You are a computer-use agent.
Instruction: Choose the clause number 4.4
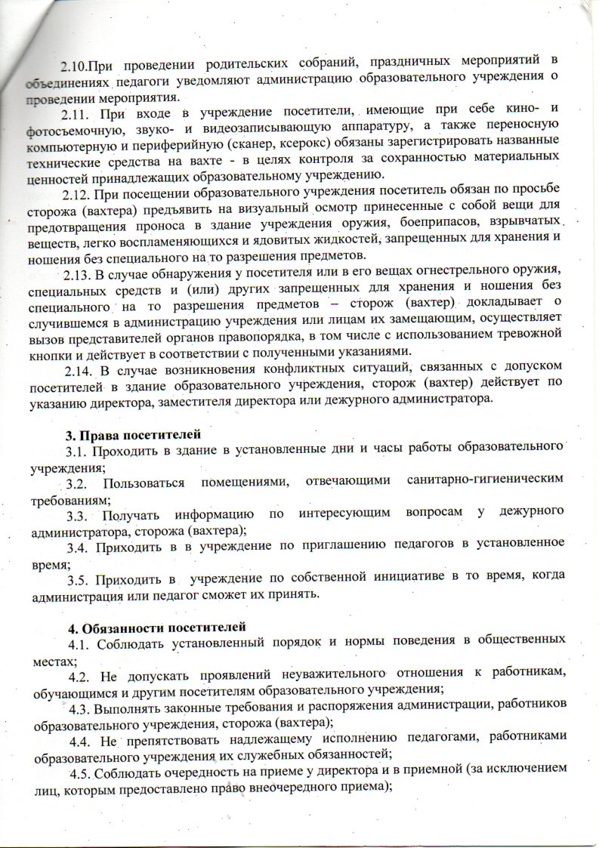click(84, 736)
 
